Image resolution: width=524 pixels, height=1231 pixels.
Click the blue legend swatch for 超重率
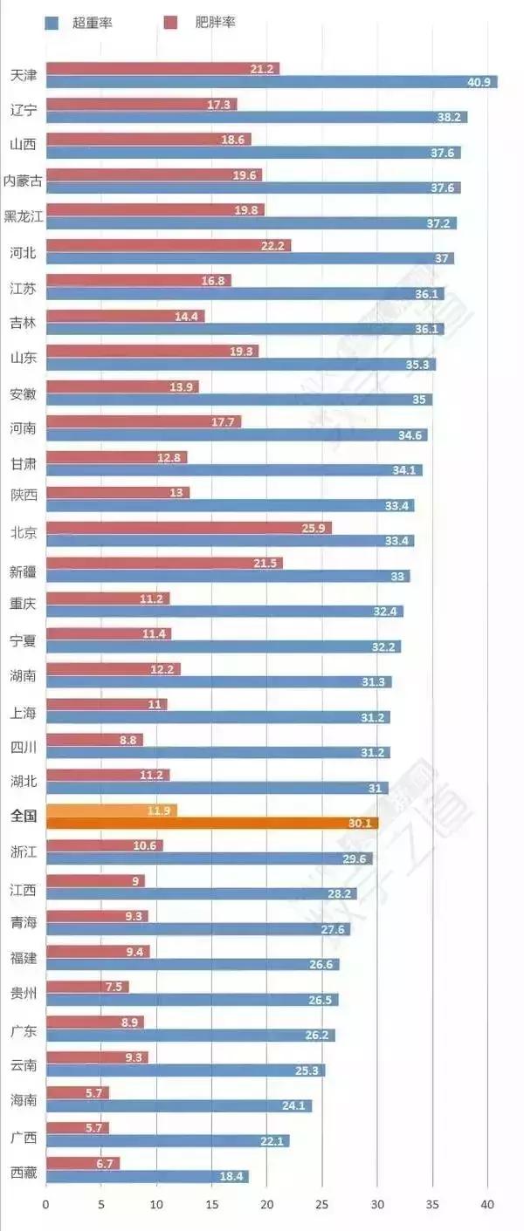(x=51, y=23)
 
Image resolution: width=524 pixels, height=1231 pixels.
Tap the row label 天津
(x=24, y=75)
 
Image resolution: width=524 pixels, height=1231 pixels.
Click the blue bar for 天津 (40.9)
(x=271, y=82)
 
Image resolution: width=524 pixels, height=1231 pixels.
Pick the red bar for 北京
(x=189, y=528)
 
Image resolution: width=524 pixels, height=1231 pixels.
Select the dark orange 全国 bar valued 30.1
(x=211, y=823)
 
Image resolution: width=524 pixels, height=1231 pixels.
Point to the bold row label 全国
(x=24, y=817)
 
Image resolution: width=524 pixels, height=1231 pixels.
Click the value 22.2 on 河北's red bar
(x=273, y=246)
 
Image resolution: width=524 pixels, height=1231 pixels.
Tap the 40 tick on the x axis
(x=487, y=1205)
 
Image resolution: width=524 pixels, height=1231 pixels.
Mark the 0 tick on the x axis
(x=46, y=1205)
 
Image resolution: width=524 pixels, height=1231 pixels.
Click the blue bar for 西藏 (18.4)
(x=147, y=1177)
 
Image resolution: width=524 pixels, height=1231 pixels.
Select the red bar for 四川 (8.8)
(x=94, y=740)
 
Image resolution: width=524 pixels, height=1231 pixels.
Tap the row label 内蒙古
(x=23, y=181)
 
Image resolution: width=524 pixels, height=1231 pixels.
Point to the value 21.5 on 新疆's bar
(x=265, y=564)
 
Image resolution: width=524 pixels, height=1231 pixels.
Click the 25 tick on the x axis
(x=321, y=1205)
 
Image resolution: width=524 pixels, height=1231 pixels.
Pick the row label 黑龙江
(x=23, y=216)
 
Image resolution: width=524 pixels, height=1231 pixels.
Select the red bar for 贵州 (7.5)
(x=87, y=987)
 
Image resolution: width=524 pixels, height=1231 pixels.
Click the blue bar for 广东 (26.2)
(x=190, y=1036)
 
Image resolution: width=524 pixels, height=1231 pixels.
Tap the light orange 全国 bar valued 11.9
(x=111, y=810)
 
